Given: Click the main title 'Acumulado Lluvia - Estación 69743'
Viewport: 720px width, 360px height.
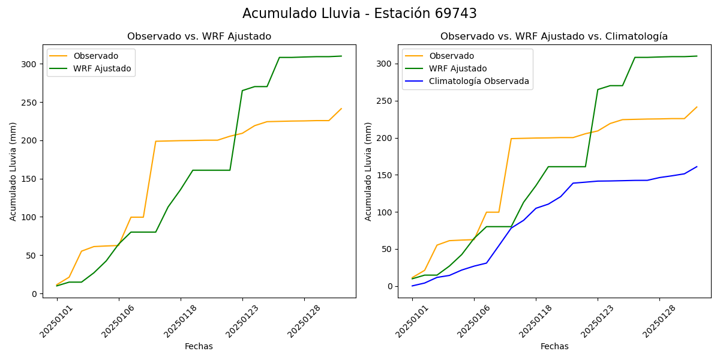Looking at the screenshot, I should coord(359,14).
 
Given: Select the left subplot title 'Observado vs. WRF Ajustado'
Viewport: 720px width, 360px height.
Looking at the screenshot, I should coord(199,37).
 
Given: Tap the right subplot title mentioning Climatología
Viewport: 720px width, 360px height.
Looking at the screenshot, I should coord(554,37).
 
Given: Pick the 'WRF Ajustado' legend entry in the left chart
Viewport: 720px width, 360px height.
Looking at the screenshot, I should coord(102,68).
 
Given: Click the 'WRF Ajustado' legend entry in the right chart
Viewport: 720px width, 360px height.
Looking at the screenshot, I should coord(457,68).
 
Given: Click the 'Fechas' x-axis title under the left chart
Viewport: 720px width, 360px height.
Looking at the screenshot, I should coord(199,346).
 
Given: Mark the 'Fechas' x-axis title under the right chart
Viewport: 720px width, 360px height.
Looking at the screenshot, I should coord(554,346).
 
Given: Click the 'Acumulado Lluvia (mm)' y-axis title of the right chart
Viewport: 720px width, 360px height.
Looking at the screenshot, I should coord(368,171).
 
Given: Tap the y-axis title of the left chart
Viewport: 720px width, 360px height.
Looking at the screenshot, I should coord(13,171).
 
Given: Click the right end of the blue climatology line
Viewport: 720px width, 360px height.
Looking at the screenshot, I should coord(697,167).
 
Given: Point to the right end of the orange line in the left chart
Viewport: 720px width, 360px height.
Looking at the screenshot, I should coord(341,109).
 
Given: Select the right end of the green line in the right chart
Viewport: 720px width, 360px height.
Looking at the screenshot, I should coord(697,56).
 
